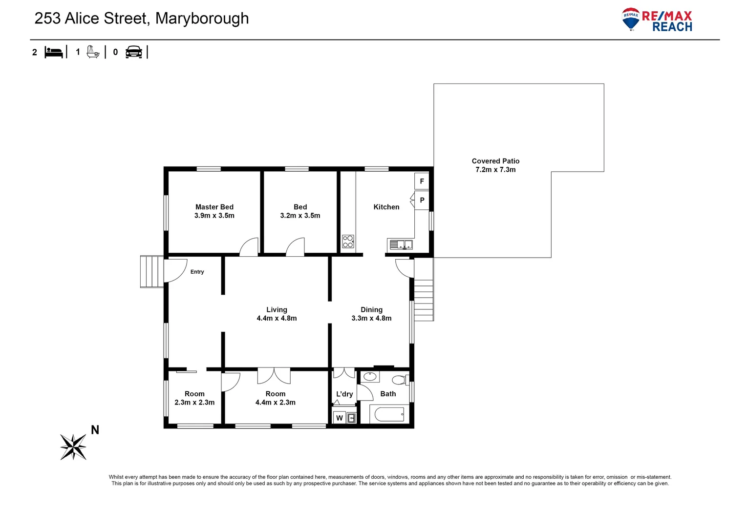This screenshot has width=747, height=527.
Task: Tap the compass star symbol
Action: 73,446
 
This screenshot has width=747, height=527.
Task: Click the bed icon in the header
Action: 54,52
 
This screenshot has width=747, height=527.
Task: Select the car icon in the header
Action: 133,52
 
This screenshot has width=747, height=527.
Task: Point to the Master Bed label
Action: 214,207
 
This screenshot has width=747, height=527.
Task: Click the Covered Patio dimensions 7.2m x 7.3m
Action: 495,170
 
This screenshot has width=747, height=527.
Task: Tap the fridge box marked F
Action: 422,182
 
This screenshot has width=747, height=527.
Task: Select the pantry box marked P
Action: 422,200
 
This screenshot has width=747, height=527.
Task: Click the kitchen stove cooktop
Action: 348,242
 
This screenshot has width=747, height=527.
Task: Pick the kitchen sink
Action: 401,244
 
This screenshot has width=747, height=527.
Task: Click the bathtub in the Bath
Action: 389,415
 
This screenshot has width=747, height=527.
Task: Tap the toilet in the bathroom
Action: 400,380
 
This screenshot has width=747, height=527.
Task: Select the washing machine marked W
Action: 339,418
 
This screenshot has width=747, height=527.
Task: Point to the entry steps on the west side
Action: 152,271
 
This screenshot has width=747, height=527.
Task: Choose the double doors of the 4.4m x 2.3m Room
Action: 274,376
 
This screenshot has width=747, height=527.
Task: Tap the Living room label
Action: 277,310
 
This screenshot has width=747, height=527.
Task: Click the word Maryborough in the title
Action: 202,19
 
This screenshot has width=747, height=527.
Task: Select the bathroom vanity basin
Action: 370,377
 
